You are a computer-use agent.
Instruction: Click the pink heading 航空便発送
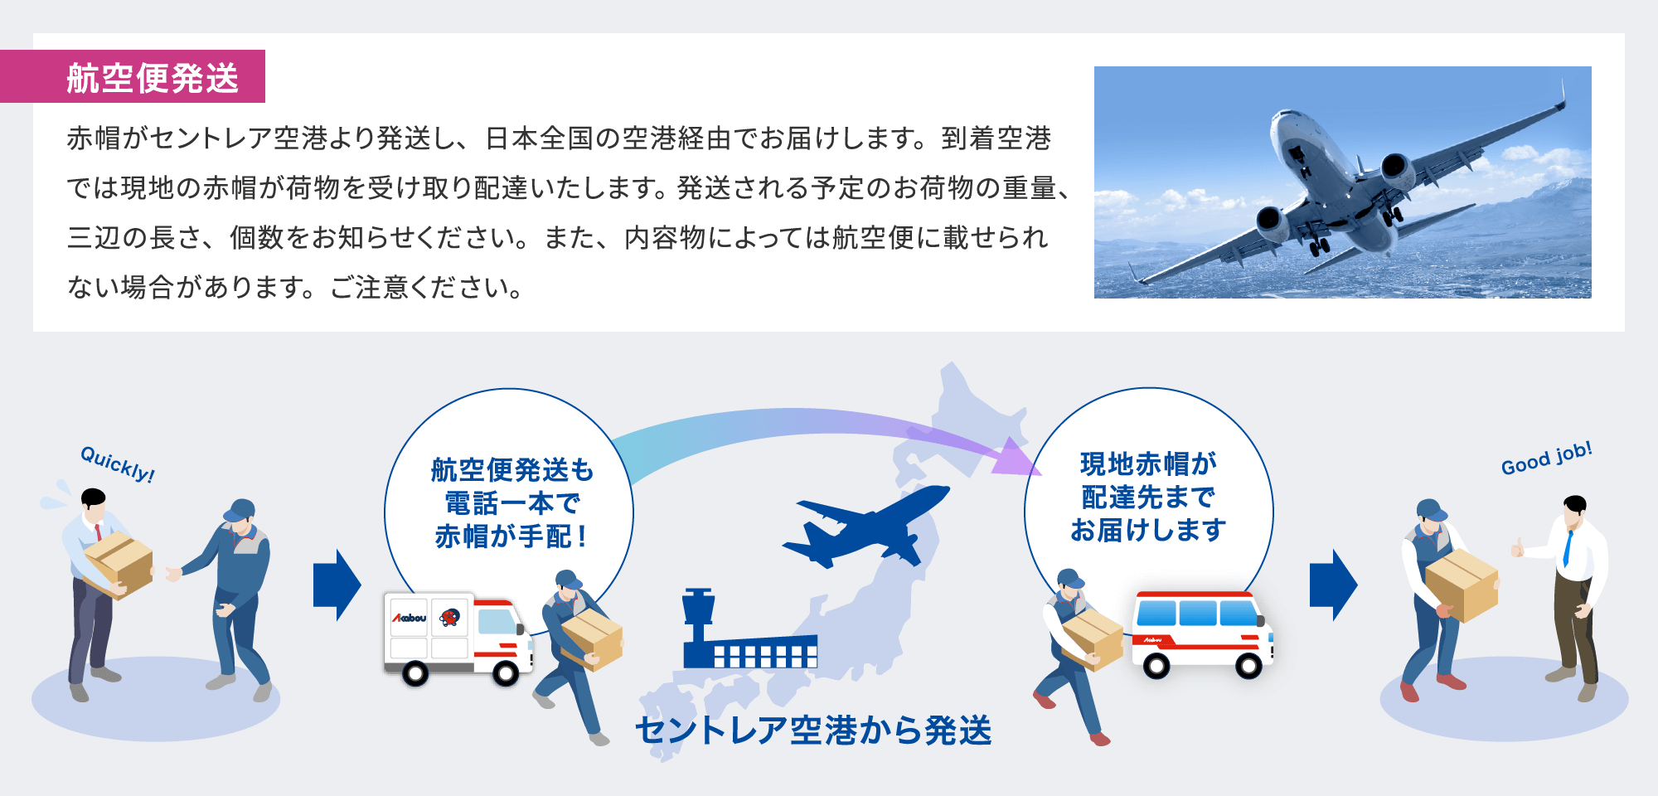coord(153,78)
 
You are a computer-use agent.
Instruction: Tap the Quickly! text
coord(118,464)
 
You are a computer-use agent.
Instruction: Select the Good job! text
coord(1546,459)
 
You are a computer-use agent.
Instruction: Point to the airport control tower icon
coord(697,618)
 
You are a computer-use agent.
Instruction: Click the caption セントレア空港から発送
coord(813,730)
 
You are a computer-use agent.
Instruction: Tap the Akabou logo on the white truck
coord(410,618)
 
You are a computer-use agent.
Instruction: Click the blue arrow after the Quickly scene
coord(337,585)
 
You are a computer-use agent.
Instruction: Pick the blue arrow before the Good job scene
coord(1333,585)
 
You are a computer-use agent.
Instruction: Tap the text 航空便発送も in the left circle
coord(512,470)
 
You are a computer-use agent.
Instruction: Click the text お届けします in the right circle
coord(1148,530)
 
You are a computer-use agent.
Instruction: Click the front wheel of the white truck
coord(505,672)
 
